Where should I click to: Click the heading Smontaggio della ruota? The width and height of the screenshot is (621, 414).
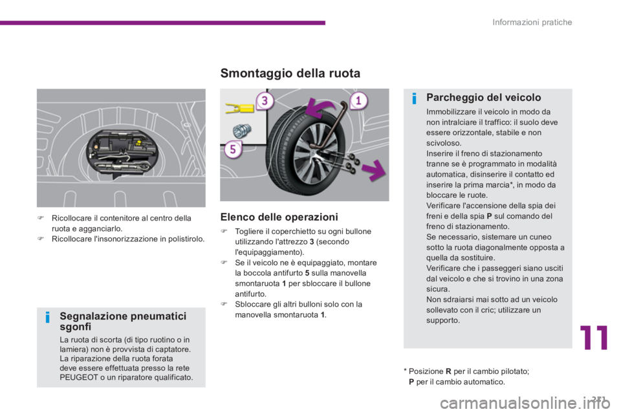point(290,73)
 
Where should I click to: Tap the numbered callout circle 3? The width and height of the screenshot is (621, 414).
point(265,101)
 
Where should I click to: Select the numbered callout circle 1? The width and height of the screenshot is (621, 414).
point(358,101)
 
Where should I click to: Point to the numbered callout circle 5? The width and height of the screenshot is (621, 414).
point(233,149)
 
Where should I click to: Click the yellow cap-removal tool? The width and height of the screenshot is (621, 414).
point(239,108)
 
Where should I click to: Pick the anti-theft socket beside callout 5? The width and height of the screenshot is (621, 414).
point(241,130)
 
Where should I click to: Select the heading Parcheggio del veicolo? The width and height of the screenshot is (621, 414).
point(484,98)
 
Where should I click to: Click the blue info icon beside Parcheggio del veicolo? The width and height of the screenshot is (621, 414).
point(414,98)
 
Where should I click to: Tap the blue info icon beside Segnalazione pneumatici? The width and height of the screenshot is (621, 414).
point(47,318)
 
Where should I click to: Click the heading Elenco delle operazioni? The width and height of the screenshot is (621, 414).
point(279,217)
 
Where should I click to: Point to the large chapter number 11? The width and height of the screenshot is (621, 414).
point(594,338)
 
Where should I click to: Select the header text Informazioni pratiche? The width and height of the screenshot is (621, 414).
point(532,22)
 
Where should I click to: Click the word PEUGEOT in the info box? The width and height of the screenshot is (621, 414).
point(79,377)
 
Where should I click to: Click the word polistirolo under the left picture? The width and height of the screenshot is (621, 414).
point(186,239)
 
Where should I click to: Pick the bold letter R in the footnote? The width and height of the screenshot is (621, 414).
point(448,371)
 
